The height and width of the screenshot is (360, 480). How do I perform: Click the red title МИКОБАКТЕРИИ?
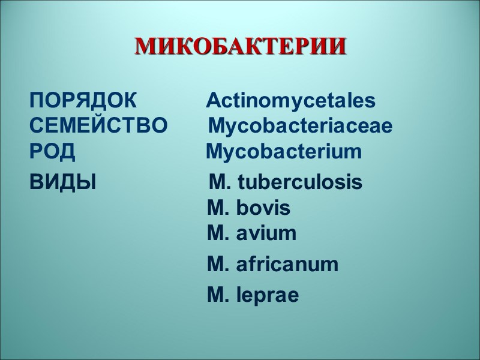click(240, 46)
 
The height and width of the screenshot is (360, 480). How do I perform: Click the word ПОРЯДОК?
click(83, 100)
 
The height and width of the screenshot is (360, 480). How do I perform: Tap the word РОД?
click(52, 152)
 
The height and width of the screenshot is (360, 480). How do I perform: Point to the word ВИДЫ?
click(62, 182)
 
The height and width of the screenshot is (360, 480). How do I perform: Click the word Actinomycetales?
click(291, 101)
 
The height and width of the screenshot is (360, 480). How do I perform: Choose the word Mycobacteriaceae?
click(300, 127)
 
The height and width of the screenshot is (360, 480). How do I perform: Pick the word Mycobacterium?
click(284, 152)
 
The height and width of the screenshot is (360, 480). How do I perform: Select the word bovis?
click(263, 208)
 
